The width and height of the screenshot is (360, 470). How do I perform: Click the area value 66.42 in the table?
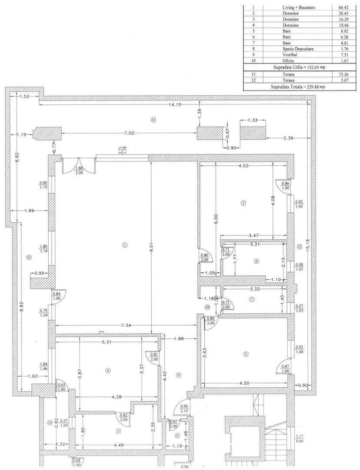tap(344, 7)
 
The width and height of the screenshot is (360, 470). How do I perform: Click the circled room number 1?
tap(125, 245)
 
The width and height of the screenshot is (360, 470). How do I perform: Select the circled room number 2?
tap(243, 203)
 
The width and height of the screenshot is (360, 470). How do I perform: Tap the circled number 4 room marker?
tap(107, 370)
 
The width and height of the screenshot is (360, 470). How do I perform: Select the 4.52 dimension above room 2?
tap(243, 165)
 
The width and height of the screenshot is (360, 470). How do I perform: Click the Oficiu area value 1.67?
tap(344, 61)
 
